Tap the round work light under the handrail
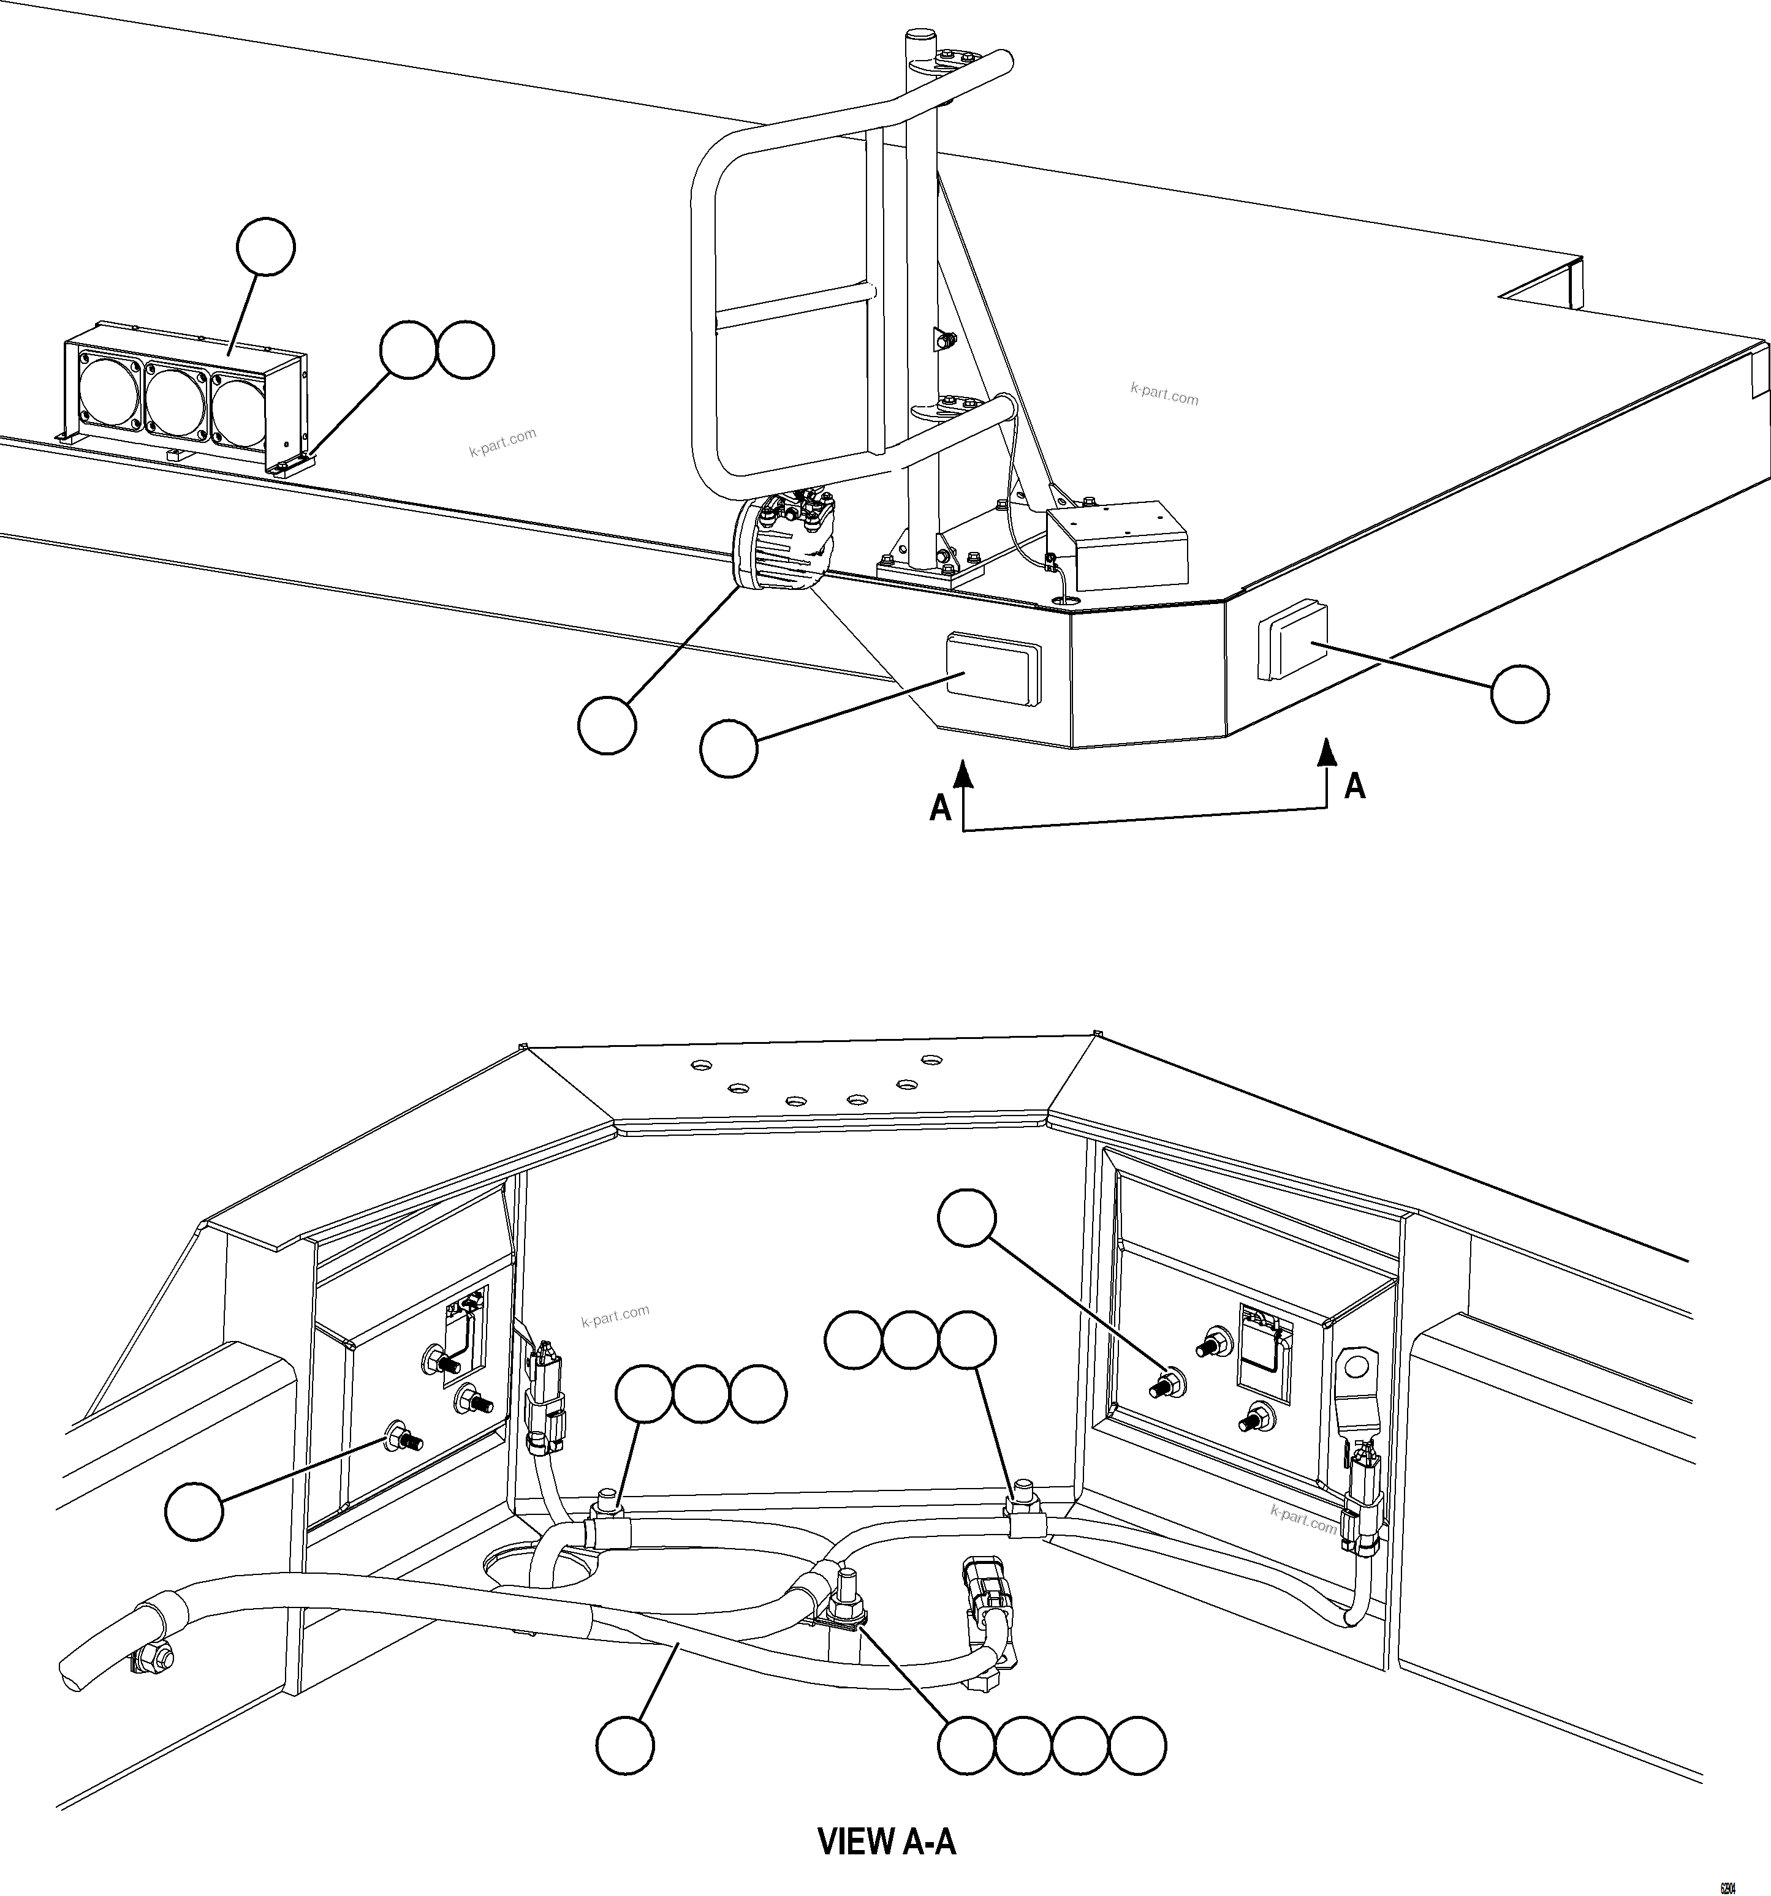pyautogui.click(x=781, y=548)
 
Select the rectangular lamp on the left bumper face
pyautogui.click(x=992, y=670)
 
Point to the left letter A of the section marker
pyautogui.click(x=940, y=808)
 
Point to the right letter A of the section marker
pyautogui.click(x=1354, y=786)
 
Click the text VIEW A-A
pyautogui.click(x=887, y=1841)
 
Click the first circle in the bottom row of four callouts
pyautogui.click(x=966, y=1747)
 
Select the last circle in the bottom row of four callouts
pyautogui.click(x=1137, y=1747)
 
